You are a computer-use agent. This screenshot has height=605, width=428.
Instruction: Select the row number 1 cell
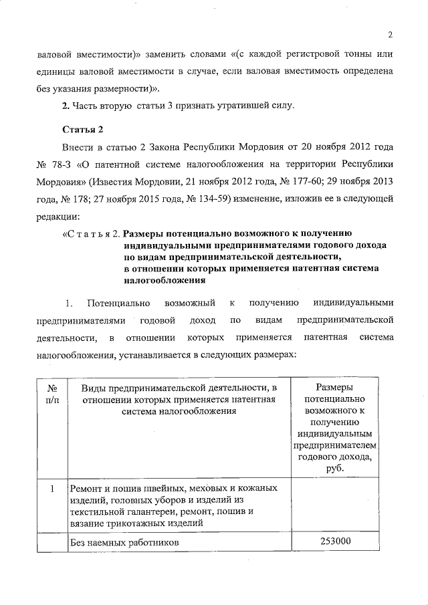pos(51,489)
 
